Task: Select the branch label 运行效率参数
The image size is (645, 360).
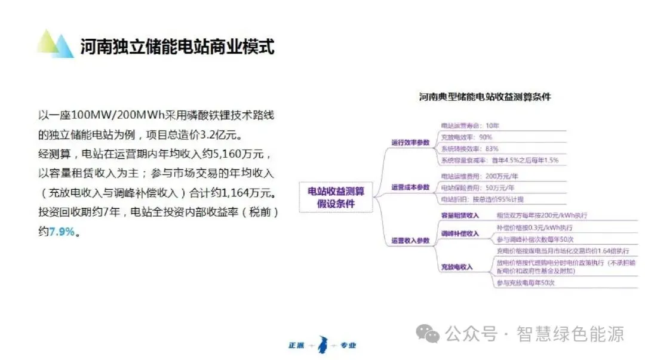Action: (410, 142)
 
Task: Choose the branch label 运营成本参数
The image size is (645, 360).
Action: (410, 187)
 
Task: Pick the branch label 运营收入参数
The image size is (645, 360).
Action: (410, 241)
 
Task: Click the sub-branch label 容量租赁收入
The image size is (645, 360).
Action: (460, 215)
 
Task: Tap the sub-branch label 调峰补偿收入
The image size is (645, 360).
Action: (460, 233)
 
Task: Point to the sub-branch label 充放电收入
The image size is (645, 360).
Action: (457, 267)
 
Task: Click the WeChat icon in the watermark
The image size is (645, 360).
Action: (429, 334)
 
